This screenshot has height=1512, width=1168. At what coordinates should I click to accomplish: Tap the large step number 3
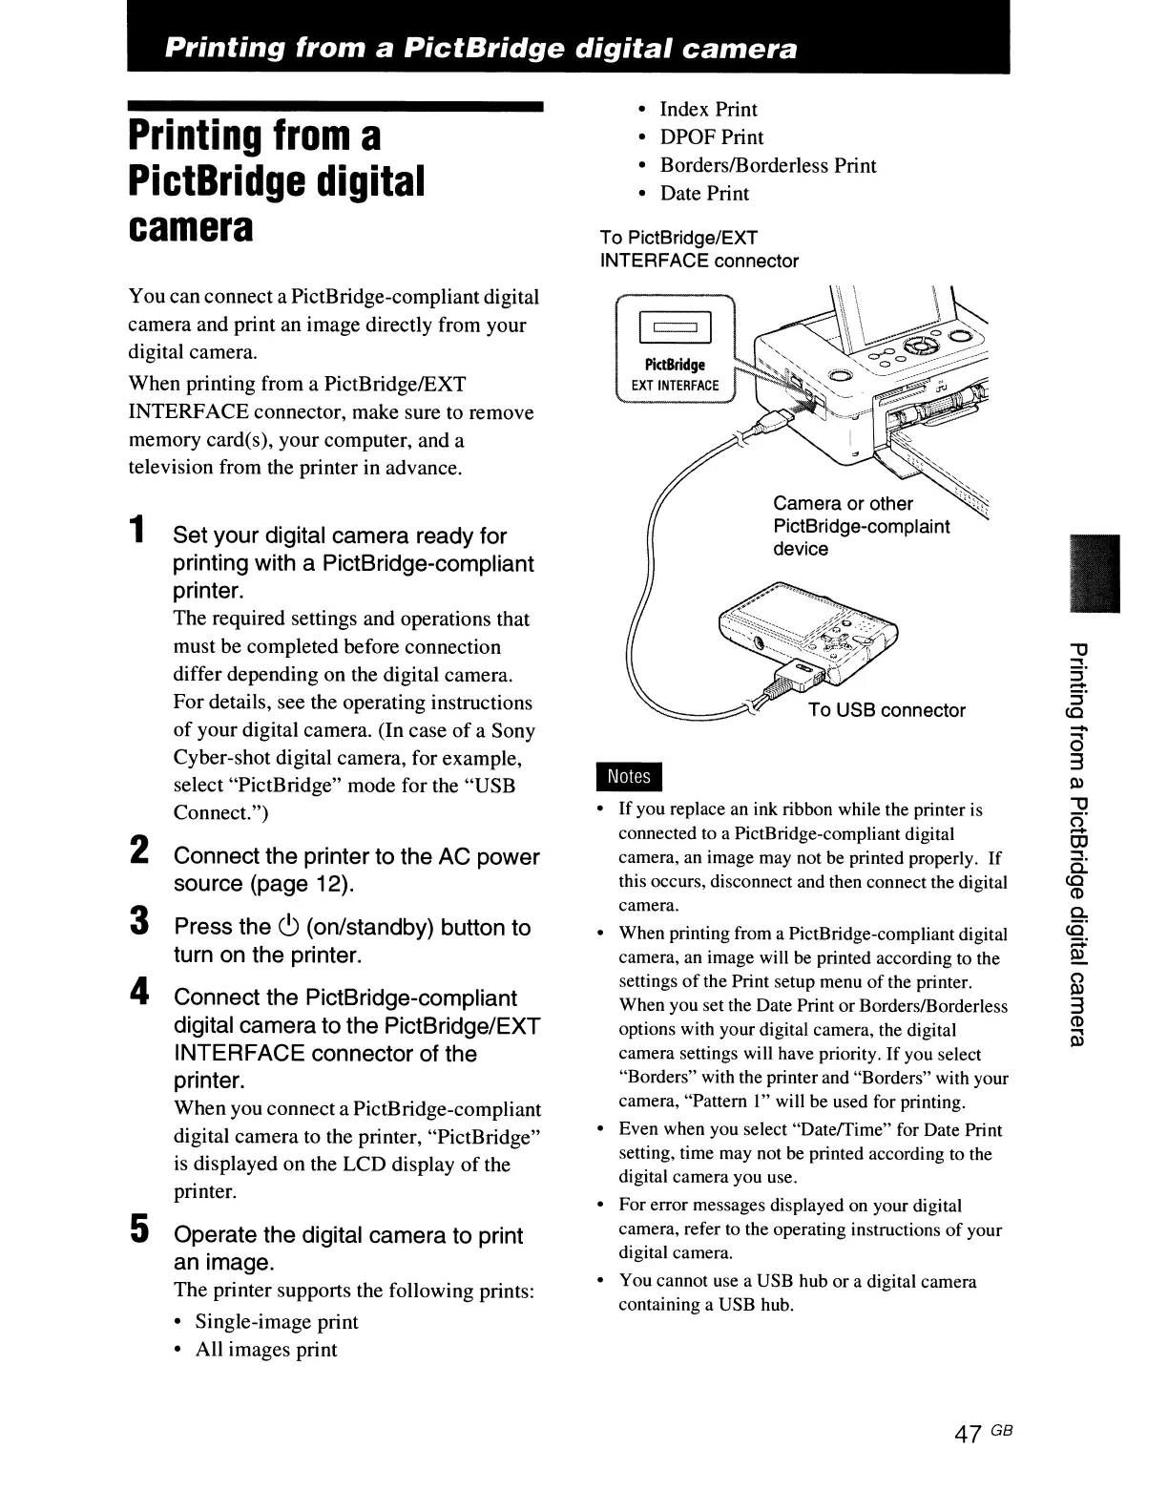pos(138,922)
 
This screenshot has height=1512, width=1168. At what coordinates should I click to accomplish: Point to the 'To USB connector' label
pos(886,710)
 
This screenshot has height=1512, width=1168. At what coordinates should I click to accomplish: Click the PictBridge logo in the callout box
pos(675,365)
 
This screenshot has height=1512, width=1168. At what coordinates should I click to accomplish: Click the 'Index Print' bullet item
pos(708,110)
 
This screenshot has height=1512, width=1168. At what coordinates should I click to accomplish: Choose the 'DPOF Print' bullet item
pos(711,137)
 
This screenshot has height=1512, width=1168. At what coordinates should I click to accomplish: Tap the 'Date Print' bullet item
pos(704,194)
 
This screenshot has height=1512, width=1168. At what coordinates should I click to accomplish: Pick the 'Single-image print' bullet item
pos(276,1322)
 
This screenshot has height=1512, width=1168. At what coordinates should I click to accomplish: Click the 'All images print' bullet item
pos(265,1350)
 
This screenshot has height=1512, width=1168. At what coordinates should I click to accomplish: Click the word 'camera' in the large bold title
pos(191,227)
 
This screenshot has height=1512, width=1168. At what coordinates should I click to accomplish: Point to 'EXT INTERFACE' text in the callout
pos(675,386)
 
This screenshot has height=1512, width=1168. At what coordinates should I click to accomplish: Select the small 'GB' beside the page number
pos(1000,1430)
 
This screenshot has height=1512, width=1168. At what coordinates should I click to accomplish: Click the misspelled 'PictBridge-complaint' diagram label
pos(861,526)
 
